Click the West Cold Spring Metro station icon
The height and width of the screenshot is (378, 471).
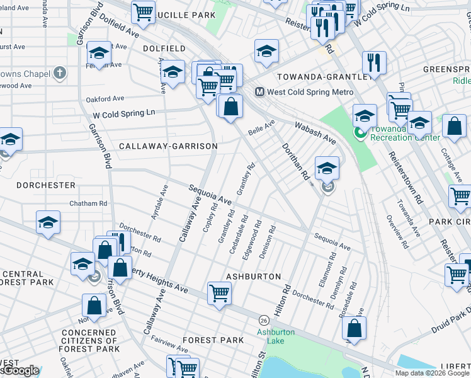coord(259,92)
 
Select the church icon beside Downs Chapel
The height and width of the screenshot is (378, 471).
coord(60,74)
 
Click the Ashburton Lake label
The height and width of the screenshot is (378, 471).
coord(270,336)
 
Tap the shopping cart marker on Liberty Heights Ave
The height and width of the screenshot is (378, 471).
coord(219,293)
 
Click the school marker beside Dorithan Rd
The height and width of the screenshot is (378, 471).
coord(327,168)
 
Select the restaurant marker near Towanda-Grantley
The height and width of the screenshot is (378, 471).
coord(374,62)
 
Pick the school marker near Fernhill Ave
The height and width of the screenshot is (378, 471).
coord(99,53)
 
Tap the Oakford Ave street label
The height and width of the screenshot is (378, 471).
coord(105,99)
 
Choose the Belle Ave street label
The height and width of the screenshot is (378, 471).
coord(261,128)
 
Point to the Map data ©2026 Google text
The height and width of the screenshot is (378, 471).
coord(432,373)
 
